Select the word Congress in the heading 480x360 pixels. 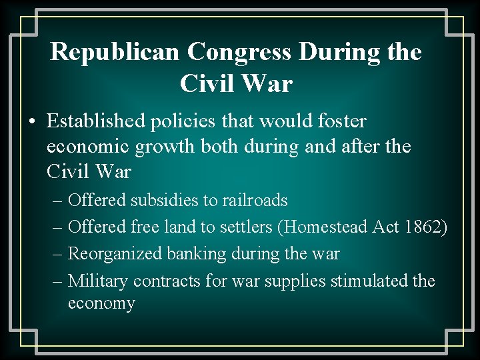click(239, 51)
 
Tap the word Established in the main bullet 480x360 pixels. click(94, 121)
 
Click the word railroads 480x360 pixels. click(255, 200)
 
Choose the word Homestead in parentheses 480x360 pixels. click(332, 227)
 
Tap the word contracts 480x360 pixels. click(167, 281)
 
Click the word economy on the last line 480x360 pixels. click(101, 304)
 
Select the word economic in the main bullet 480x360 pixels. click(88, 147)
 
